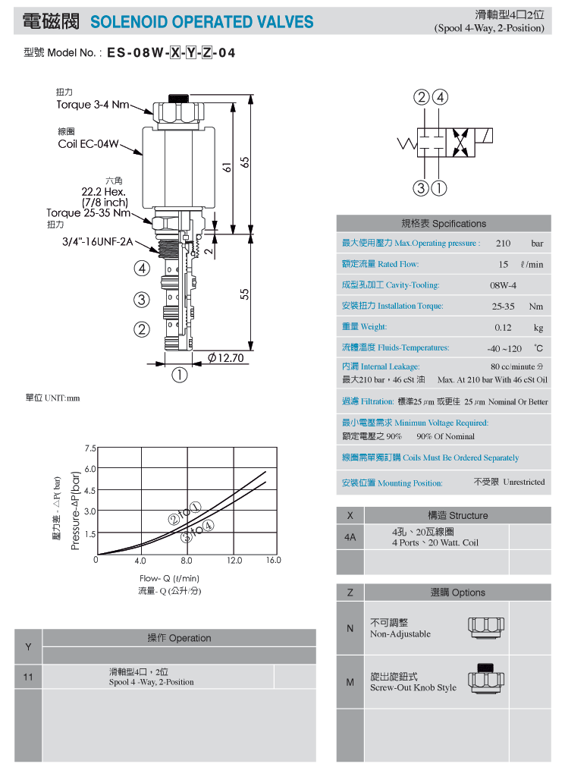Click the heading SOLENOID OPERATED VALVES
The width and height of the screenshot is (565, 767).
click(x=202, y=22)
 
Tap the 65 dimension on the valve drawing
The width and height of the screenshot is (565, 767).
click(x=245, y=162)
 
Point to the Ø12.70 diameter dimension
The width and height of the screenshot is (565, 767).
click(x=226, y=358)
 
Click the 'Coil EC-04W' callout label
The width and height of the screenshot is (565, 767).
click(x=88, y=144)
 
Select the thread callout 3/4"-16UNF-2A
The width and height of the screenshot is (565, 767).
click(x=97, y=241)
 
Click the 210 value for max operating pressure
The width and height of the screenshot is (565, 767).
click(x=503, y=243)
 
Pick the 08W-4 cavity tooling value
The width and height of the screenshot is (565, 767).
click(x=503, y=285)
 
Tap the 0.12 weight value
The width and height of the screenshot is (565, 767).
click(x=503, y=327)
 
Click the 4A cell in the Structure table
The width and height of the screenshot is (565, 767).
click(x=350, y=537)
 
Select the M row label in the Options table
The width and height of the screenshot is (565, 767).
click(x=350, y=682)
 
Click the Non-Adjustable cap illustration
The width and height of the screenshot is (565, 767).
click(x=486, y=627)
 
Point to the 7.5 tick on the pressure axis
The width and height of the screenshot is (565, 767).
click(x=90, y=448)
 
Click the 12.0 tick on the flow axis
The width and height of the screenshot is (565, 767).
click(x=234, y=560)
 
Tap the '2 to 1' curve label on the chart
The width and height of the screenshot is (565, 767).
click(x=184, y=513)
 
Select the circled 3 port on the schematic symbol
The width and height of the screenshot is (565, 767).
click(x=421, y=188)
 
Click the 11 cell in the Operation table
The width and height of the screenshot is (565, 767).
click(x=28, y=677)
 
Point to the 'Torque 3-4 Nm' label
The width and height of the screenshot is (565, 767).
click(x=93, y=104)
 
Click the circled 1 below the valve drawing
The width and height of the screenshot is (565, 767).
click(x=180, y=376)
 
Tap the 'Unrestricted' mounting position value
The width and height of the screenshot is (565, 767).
click(x=523, y=482)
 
